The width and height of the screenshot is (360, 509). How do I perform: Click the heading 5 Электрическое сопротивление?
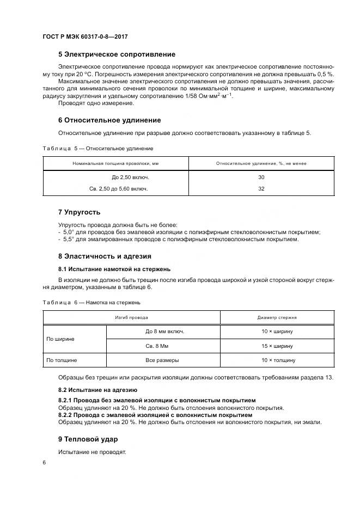[x=117, y=54]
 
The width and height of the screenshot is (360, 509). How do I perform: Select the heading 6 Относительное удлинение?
[x=109, y=120]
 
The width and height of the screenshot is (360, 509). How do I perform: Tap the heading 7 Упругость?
[x=79, y=212]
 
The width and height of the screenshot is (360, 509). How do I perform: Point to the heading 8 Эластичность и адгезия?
[x=105, y=256]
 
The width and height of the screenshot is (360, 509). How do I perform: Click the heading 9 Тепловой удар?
[x=88, y=439]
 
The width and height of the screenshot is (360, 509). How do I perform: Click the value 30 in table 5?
[x=261, y=177]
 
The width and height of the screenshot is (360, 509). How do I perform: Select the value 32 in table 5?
[x=261, y=188]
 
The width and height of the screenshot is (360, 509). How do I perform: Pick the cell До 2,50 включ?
[x=130, y=177]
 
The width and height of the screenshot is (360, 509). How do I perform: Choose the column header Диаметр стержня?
[x=276, y=317]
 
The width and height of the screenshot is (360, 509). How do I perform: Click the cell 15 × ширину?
[x=276, y=346]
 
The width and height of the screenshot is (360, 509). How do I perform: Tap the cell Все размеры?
[x=162, y=360]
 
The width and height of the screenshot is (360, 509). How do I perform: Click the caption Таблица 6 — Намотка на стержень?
[x=91, y=302]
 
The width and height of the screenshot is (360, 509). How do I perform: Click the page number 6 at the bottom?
[x=44, y=462]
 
